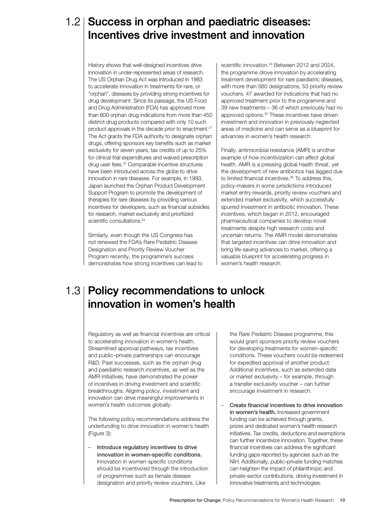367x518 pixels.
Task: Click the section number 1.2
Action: (x=73, y=22)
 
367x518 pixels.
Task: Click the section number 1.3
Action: (x=73, y=291)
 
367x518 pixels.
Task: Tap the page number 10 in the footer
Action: (x=342, y=500)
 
